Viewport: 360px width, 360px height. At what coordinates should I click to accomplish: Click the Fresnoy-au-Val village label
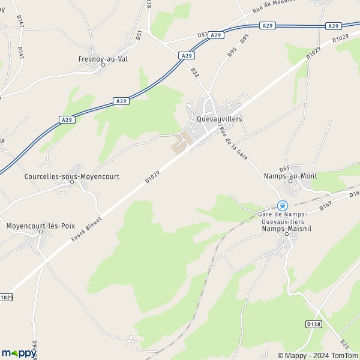pyautogui.click(x=103, y=59)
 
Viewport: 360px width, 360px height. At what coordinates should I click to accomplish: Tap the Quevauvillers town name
pyautogui.click(x=220, y=119)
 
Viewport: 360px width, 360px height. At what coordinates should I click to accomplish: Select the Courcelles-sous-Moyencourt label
pyautogui.click(x=72, y=176)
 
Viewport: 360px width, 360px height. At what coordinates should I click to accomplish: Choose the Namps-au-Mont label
pyautogui.click(x=290, y=176)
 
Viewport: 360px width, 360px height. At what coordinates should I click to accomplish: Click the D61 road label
pyautogui.click(x=284, y=168)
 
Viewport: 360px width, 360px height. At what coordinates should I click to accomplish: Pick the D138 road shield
pyautogui.click(x=313, y=324)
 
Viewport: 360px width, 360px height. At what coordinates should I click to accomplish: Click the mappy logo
pyautogui.click(x=19, y=353)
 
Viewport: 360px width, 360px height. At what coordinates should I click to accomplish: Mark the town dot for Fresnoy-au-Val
pyautogui.click(x=103, y=65)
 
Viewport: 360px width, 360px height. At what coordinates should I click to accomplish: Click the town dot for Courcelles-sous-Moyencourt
pyautogui.click(x=72, y=182)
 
